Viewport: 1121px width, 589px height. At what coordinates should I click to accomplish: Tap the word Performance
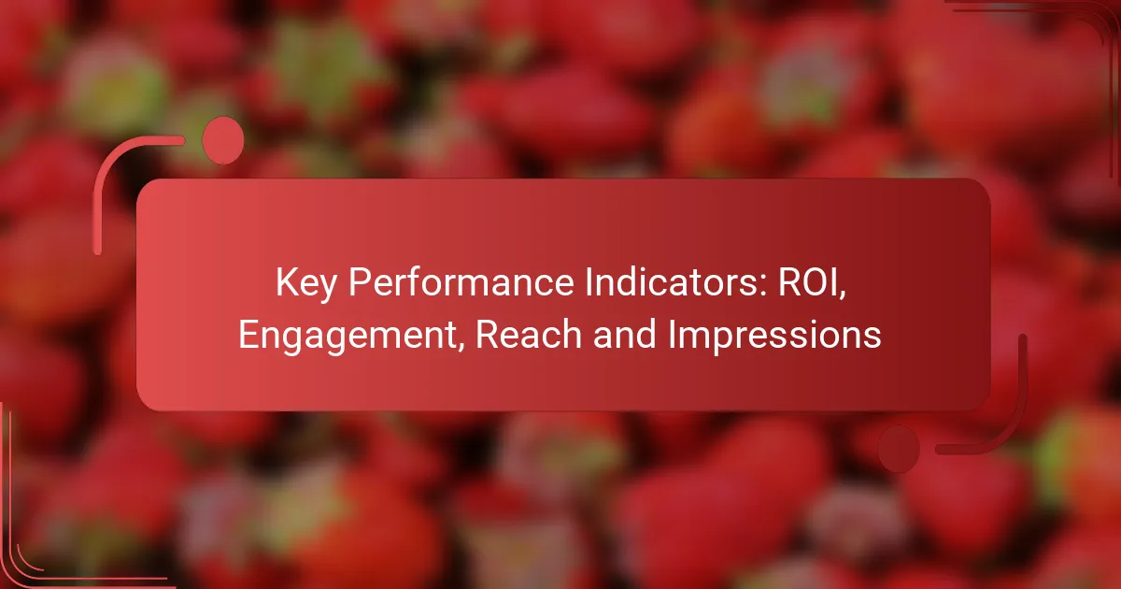tap(461, 282)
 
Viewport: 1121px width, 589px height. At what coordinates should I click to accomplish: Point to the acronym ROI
tap(808, 282)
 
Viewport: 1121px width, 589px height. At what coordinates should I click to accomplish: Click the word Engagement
tap(348, 336)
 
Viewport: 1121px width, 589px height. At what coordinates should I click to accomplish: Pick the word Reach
tap(528, 335)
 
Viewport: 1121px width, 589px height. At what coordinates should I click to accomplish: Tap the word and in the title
tap(625, 335)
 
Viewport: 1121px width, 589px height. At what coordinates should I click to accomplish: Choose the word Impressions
tap(774, 336)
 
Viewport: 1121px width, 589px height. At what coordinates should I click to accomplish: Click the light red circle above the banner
tap(223, 141)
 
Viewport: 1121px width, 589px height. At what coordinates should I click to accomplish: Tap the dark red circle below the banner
tap(899, 449)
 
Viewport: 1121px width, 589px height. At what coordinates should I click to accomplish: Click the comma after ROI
tap(843, 295)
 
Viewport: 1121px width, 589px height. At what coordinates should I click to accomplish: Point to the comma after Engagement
tap(460, 347)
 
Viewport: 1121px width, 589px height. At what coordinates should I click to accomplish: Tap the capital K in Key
tap(286, 282)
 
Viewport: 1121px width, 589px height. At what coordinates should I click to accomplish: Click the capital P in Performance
tap(360, 282)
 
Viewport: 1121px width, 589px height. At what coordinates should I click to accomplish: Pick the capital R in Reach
tap(487, 335)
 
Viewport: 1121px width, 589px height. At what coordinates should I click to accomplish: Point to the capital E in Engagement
tap(248, 335)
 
